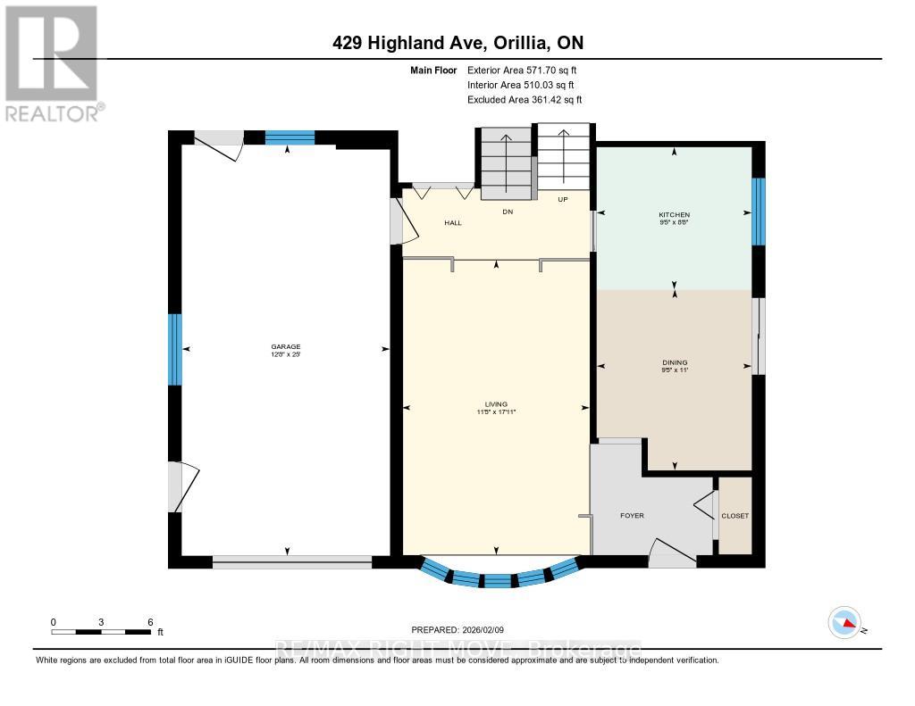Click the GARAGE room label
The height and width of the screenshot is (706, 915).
pyautogui.click(x=286, y=346)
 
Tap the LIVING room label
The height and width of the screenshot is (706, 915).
pyautogui.click(x=496, y=404)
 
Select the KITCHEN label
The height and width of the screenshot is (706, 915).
pyautogui.click(x=675, y=215)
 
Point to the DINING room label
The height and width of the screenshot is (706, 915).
pyautogui.click(x=675, y=362)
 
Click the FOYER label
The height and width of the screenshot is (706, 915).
pyautogui.click(x=632, y=516)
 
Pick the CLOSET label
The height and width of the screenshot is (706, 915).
pyautogui.click(x=735, y=516)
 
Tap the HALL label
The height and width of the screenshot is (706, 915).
pyautogui.click(x=453, y=222)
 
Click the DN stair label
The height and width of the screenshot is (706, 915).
pyautogui.click(x=508, y=212)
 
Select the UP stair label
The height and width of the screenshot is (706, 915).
pyautogui.click(x=563, y=199)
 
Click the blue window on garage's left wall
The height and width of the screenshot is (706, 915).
pyautogui.click(x=175, y=349)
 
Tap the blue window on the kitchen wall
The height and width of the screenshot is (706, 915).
pyautogui.click(x=759, y=212)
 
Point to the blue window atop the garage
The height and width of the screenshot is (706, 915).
pyautogui.click(x=290, y=137)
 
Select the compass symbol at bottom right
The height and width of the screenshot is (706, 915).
pyautogui.click(x=844, y=622)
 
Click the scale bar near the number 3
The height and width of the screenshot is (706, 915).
pyautogui.click(x=101, y=632)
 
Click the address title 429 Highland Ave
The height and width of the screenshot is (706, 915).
pyautogui.click(x=457, y=43)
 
